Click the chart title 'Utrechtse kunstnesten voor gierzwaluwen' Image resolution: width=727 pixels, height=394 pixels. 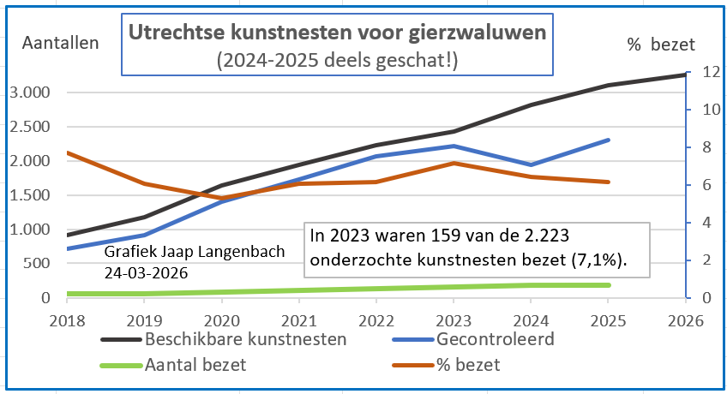tap(337, 33)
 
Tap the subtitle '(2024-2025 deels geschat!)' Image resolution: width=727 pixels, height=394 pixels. tap(337, 60)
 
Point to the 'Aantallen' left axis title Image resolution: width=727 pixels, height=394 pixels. tap(60, 42)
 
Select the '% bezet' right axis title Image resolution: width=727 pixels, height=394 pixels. tap(661, 44)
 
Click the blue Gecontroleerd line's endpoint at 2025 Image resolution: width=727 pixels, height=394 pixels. tap(608, 140)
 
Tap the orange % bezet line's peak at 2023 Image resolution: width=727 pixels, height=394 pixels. tap(453, 163)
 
